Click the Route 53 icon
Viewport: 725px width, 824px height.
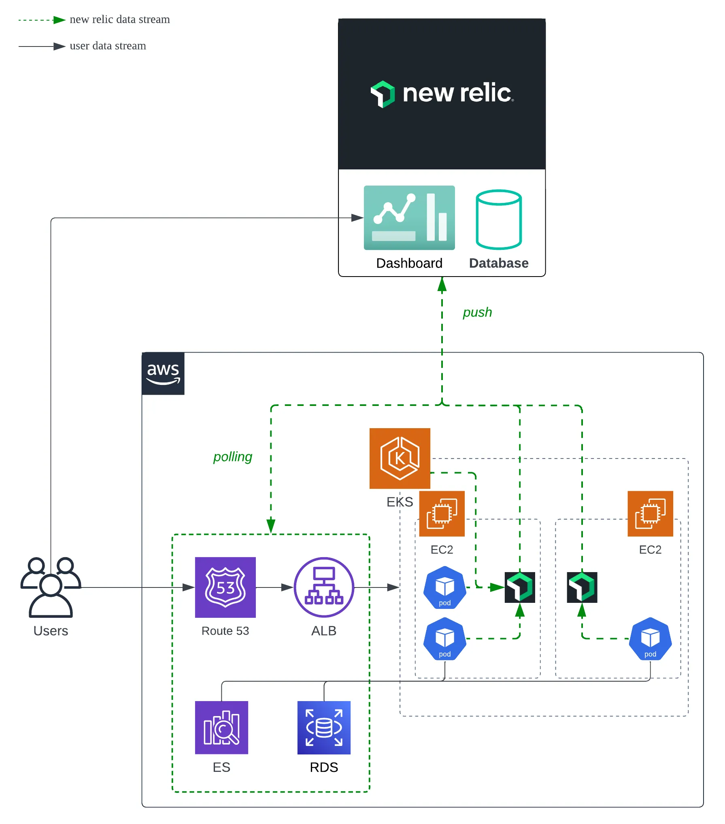[225, 587]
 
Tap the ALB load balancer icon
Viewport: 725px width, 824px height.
[323, 587]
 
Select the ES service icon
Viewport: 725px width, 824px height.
[221, 727]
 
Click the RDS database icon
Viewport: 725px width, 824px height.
[324, 727]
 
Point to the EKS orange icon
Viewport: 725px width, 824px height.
[400, 458]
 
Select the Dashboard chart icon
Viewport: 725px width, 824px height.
[409, 218]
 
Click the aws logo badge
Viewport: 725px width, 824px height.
[163, 373]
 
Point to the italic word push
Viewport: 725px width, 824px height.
[477, 312]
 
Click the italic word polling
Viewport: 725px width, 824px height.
[233, 456]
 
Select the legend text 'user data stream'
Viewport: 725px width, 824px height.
[108, 46]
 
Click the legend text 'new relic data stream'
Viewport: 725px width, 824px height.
[119, 19]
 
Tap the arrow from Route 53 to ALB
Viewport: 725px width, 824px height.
[275, 587]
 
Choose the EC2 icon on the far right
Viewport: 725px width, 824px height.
[650, 513]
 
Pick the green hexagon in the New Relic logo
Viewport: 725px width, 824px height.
[383, 94]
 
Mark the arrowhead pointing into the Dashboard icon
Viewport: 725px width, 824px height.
[357, 218]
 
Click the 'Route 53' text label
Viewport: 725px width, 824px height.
[225, 631]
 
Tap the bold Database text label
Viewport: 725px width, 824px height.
[499, 263]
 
